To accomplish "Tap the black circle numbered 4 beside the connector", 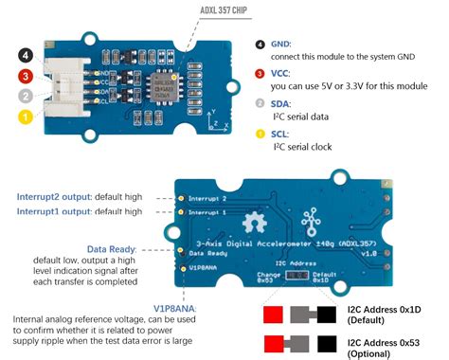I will (x=26, y=56).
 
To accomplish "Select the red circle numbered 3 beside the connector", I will (x=26, y=76).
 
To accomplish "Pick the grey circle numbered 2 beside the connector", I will (x=26, y=96).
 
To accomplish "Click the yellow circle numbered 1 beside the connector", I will (x=26, y=116).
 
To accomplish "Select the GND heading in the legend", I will (x=285, y=44).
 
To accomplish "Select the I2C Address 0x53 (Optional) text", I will (x=391, y=346).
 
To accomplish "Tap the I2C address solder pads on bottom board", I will (x=296, y=275).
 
